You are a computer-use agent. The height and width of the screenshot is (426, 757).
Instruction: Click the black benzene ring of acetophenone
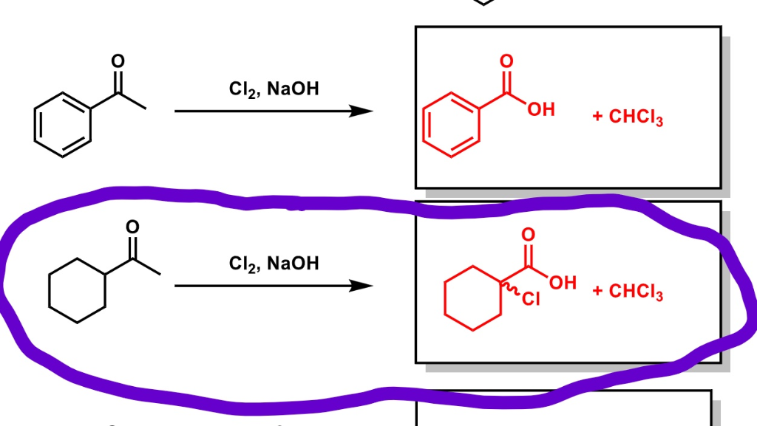(62, 125)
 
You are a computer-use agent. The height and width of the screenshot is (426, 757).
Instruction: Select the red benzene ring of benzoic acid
(452, 125)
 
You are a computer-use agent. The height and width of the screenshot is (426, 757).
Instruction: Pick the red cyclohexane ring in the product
(473, 300)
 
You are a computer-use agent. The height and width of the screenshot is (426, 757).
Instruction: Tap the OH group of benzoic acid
(541, 110)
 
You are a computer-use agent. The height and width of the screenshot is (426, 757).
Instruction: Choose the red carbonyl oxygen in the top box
(506, 61)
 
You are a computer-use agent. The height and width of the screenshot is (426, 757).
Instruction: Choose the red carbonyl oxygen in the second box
(528, 236)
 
